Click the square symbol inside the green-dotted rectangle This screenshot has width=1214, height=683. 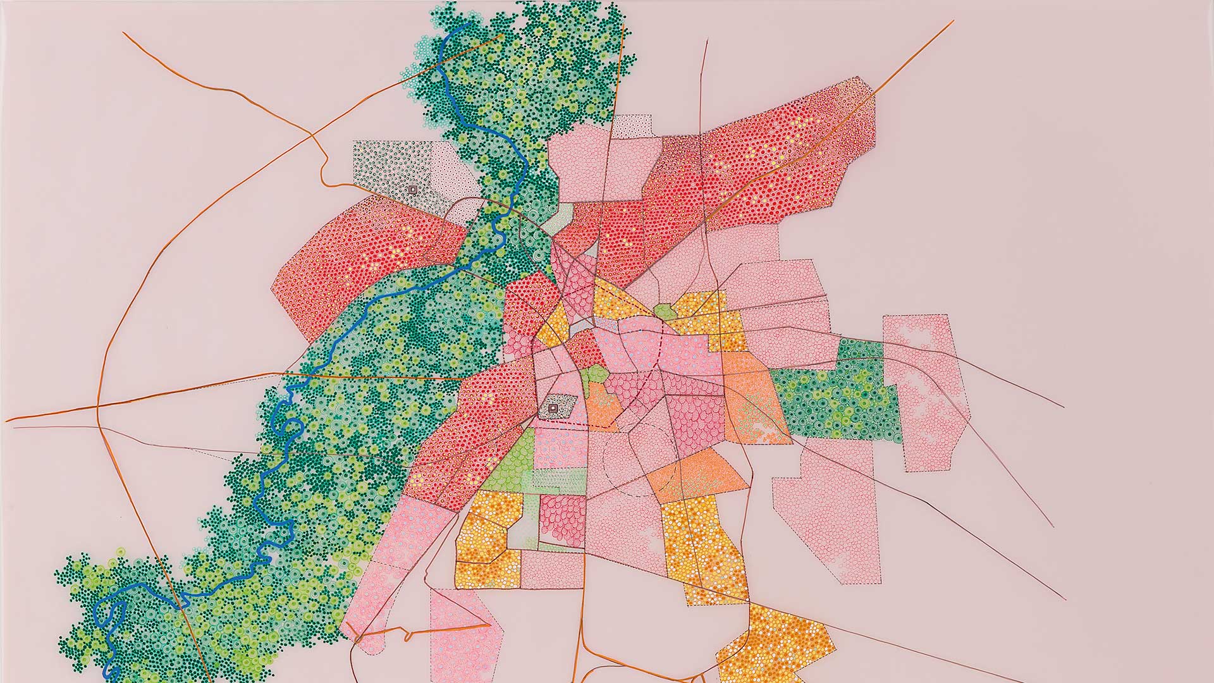(412, 189)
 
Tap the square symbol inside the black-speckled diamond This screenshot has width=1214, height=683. (554, 409)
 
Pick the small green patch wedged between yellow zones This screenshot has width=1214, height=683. (664, 311)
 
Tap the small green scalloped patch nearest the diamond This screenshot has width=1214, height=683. (593, 374)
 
